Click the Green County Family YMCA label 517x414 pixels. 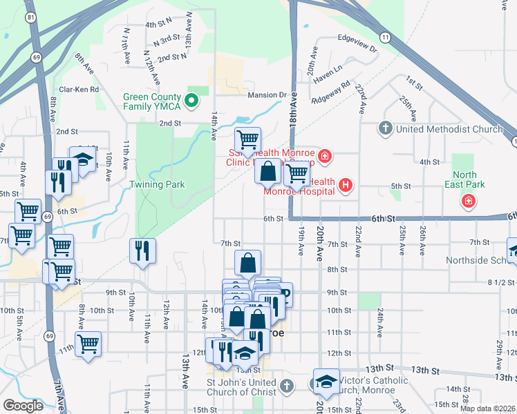pyautogui.click(x=152, y=102)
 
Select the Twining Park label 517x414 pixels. pyautogui.click(x=156, y=185)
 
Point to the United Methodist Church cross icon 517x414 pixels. pyautogui.click(x=386, y=129)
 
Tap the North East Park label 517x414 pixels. pyautogui.click(x=469, y=179)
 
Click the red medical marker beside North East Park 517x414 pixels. pyautogui.click(x=469, y=201)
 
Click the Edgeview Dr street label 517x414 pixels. pyautogui.click(x=357, y=49)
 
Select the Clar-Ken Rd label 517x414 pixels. pyautogui.click(x=79, y=90)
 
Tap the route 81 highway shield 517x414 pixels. pyautogui.click(x=30, y=16)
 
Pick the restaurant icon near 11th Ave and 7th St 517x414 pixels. pyautogui.click(x=142, y=250)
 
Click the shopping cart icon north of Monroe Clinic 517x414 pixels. pyautogui.click(x=247, y=139)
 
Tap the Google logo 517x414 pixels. pyautogui.click(x=23, y=406)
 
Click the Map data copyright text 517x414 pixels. pyautogui.click(x=487, y=408)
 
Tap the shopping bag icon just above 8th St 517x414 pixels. pyautogui.click(x=247, y=263)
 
